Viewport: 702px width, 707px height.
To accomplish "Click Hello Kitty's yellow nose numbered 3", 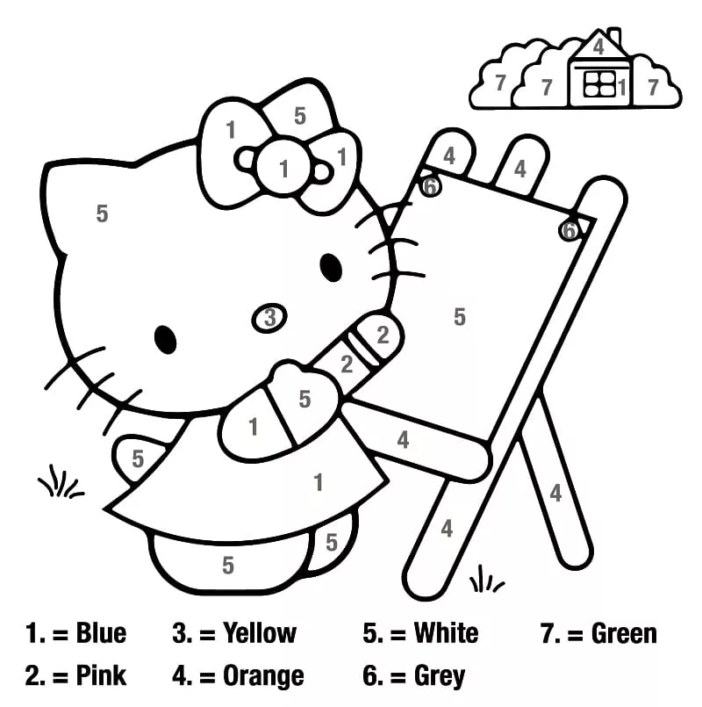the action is (269, 317).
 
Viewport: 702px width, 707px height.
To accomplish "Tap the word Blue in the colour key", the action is (101, 632).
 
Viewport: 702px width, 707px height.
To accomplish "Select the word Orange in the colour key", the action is (263, 675).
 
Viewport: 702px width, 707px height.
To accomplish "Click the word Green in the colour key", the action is (624, 633).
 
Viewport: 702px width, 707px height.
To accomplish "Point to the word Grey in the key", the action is (439, 676).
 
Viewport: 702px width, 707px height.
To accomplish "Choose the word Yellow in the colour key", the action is (260, 632).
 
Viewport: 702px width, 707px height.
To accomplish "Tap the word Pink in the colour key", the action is (101, 675).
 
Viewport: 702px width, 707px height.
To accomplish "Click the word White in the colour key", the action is (446, 632).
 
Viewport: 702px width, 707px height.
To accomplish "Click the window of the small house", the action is (599, 83).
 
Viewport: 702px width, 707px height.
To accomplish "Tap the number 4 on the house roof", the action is (598, 47).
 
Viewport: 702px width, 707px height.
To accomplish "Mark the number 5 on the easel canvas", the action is (459, 316).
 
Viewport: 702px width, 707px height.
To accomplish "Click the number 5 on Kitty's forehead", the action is (103, 213).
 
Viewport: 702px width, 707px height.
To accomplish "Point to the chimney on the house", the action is (613, 36).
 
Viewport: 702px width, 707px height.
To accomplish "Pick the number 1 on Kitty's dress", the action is (319, 482).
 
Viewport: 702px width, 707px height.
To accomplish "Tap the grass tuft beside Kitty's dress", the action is (61, 482).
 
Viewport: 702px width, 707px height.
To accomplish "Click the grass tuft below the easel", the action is (486, 579).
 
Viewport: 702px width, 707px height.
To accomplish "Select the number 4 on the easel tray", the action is (403, 440).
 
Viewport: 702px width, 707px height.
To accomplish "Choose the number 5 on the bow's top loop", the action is (300, 116).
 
